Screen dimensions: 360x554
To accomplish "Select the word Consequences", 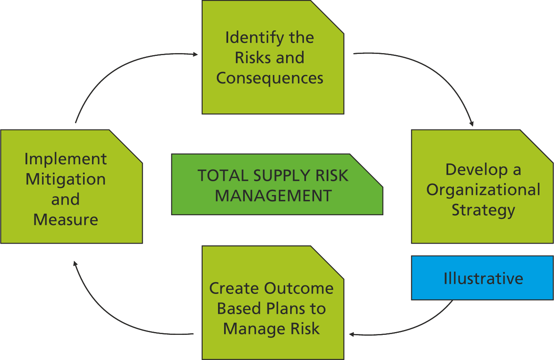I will [270, 78].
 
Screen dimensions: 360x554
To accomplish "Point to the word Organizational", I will [483, 190].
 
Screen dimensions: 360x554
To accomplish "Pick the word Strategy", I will [483, 210].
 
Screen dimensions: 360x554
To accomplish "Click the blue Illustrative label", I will [483, 279].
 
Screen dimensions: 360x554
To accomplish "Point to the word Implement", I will [66, 159].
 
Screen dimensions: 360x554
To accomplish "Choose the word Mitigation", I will [66, 179].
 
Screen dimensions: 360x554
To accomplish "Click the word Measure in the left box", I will [66, 220].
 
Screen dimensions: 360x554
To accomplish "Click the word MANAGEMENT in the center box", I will [274, 196].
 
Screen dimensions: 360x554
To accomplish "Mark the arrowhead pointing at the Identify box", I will [195, 54].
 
